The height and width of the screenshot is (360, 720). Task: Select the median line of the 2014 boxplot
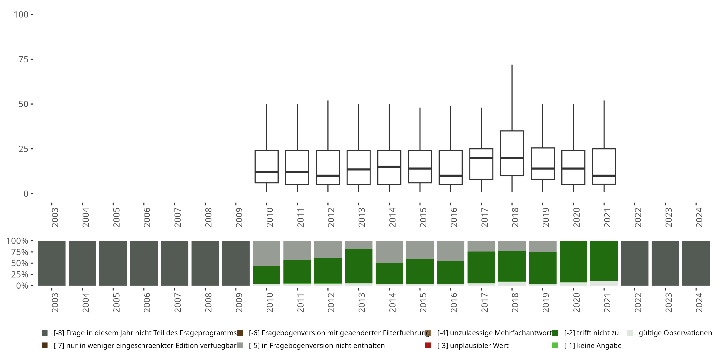[389, 167]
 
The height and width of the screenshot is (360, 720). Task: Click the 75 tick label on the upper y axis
[24, 59]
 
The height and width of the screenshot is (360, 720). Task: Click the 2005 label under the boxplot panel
[116, 217]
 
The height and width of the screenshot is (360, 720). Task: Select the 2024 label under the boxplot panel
[699, 217]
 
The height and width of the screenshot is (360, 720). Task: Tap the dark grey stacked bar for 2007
[174, 263]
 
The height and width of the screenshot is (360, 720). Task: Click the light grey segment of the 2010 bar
[266, 253]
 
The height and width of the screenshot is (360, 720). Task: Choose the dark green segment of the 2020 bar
[573, 261]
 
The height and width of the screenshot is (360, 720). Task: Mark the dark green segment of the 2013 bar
[359, 265]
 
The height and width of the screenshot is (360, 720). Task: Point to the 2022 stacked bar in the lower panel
[635, 263]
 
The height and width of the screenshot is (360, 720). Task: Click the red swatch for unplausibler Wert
[428, 345]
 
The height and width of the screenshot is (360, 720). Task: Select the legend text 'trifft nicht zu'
[591, 333]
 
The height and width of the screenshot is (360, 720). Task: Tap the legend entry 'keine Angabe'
[593, 345]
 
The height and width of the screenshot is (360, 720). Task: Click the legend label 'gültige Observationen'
[675, 333]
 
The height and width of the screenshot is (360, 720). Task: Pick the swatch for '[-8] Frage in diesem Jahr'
[44, 333]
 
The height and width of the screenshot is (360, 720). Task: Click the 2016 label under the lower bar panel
[453, 302]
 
